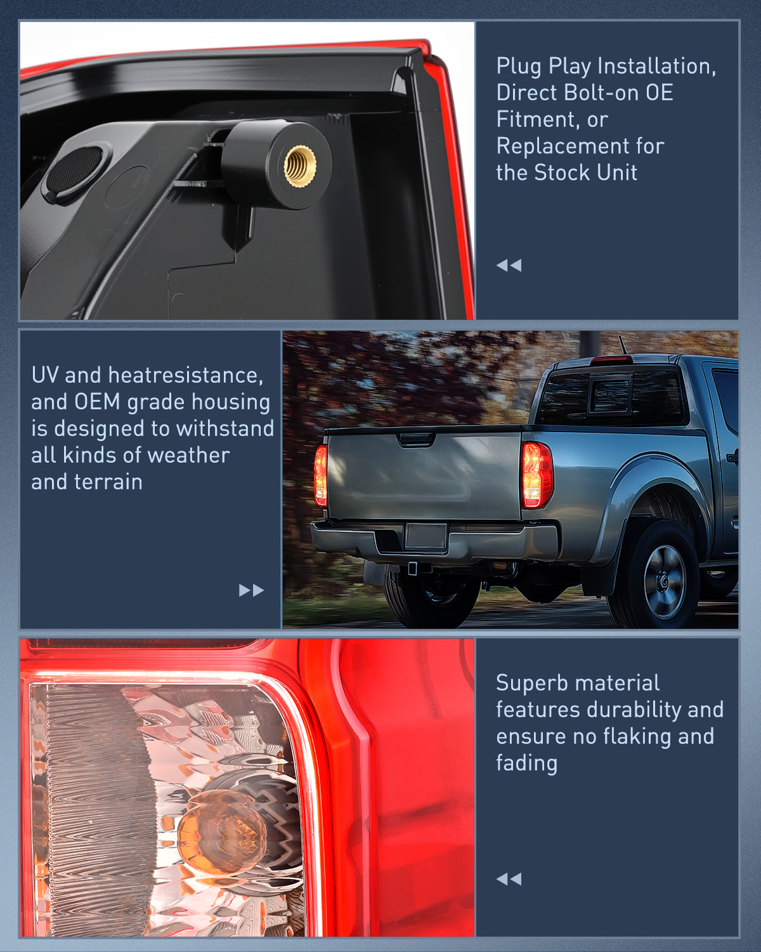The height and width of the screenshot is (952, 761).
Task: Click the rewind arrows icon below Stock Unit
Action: pos(509,265)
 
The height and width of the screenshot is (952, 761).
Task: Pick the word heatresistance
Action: pos(185,375)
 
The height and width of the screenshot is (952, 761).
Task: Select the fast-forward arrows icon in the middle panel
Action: pos(251,590)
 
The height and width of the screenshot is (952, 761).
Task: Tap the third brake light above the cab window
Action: pos(611,360)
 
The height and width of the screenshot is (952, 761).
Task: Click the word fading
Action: pos(526,763)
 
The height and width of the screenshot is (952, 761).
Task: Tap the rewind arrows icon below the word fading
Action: pos(509,879)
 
